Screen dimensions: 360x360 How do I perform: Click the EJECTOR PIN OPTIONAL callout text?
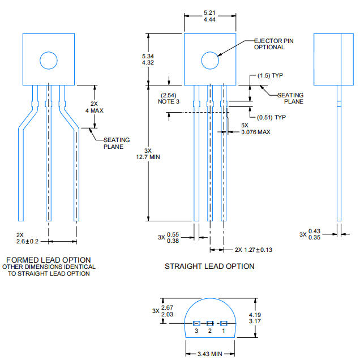pyautogui.click(x=273, y=44)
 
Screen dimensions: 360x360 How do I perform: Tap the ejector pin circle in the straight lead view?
pyautogui.click(x=210, y=52)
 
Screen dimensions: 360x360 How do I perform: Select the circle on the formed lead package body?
pyautogui.click(x=49, y=52)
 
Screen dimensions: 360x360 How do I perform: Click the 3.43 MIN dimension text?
pyautogui.click(x=210, y=354)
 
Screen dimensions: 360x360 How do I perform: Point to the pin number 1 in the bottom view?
pyautogui.click(x=224, y=331)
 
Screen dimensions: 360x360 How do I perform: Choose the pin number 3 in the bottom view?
pyautogui.click(x=196, y=331)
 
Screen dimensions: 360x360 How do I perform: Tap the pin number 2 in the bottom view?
pyautogui.click(x=210, y=331)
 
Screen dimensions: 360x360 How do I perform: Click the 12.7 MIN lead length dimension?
pyautogui.click(x=148, y=157)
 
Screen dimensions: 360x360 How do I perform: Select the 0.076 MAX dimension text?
pyautogui.click(x=256, y=132)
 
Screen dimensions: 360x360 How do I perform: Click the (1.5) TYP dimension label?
pyautogui.click(x=270, y=75)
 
